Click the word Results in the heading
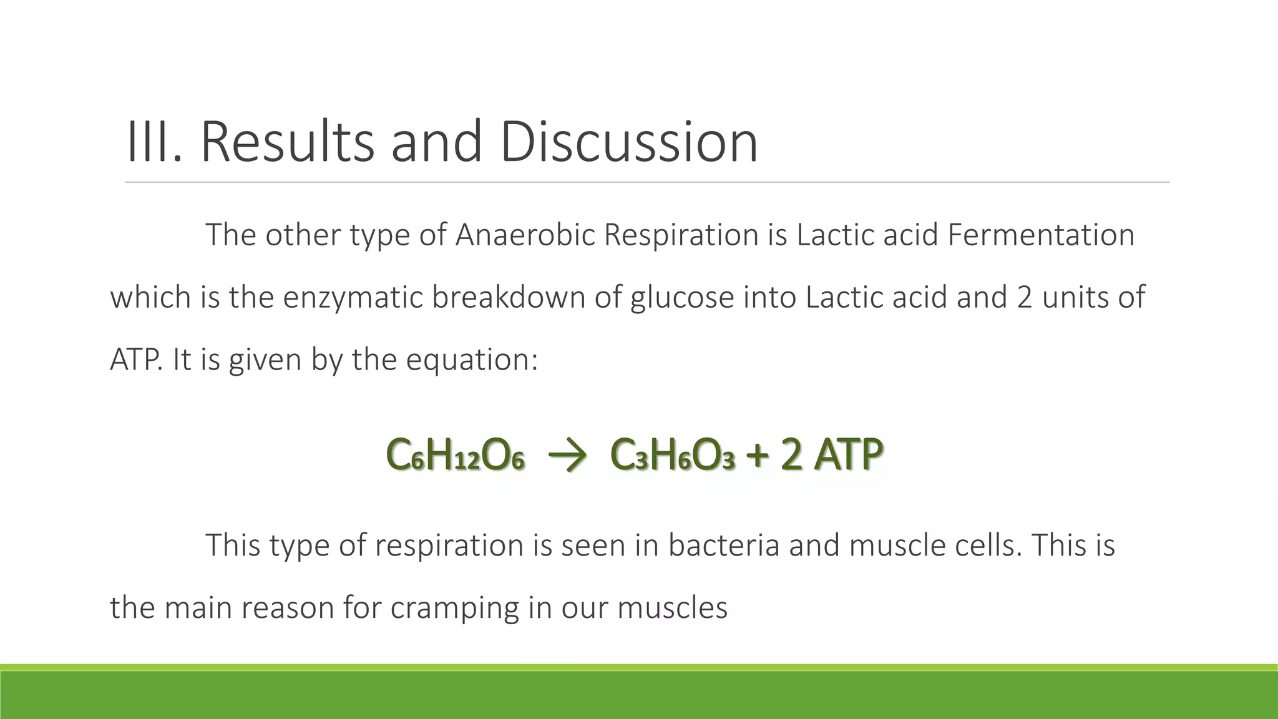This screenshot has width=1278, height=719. coord(288,142)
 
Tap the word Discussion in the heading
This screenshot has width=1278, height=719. coord(629,142)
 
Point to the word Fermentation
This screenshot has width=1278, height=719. coord(1041,235)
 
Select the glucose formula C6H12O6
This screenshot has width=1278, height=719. coord(455,456)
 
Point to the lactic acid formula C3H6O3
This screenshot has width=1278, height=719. coord(673,456)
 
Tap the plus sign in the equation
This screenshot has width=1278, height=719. coord(757,456)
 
